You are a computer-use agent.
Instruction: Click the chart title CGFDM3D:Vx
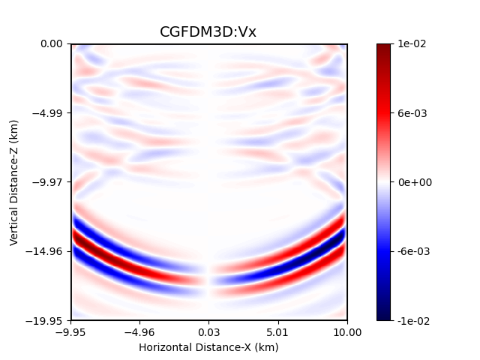pyautogui.click(x=208, y=32)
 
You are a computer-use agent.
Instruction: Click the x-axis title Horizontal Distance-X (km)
pyautogui.click(x=208, y=347)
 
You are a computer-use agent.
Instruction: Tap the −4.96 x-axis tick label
pyautogui.click(x=139, y=332)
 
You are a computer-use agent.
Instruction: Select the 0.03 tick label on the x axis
pyautogui.click(x=209, y=332)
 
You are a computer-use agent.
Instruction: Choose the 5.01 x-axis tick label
pyautogui.click(x=278, y=332)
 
